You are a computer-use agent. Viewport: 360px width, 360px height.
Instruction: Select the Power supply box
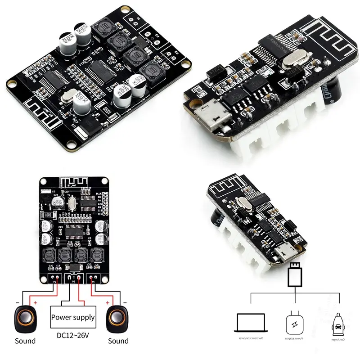pyautogui.click(x=72, y=317)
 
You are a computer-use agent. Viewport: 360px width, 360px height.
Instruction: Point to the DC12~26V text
pyautogui.click(x=72, y=335)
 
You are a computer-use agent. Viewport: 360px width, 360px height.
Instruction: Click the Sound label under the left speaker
pyautogui.click(x=25, y=341)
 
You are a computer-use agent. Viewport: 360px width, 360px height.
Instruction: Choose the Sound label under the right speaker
pyautogui.click(x=118, y=341)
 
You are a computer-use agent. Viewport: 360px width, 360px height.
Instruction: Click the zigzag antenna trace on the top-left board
pyautogui.click(x=31, y=106)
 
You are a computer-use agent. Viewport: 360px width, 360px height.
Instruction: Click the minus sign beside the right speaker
pyautogui.click(x=125, y=302)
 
